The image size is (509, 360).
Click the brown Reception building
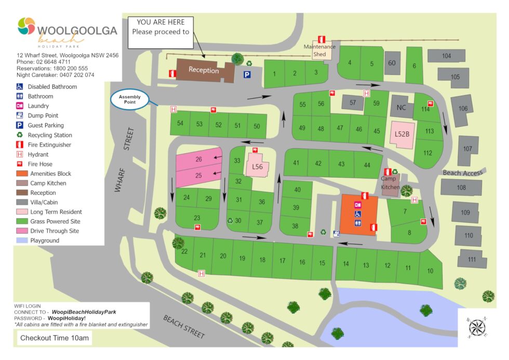coord(204,70)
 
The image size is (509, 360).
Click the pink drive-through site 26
coord(198,159)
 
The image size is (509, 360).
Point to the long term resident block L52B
coord(402,134)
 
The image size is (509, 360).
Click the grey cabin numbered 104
coord(446,56)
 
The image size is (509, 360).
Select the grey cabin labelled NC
coord(400,107)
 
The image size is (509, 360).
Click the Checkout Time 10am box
coord(55,338)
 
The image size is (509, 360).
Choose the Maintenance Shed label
coord(319,50)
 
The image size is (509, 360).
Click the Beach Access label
coord(462,172)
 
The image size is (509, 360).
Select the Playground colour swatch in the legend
coord(21,241)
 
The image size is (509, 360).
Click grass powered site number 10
coord(430,270)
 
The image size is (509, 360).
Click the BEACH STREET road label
coord(184,326)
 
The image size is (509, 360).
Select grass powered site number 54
coord(180,124)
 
